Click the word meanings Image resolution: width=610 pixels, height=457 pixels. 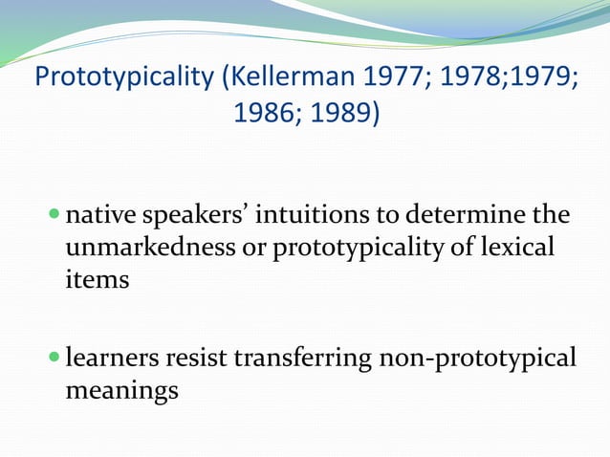point(121,393)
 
